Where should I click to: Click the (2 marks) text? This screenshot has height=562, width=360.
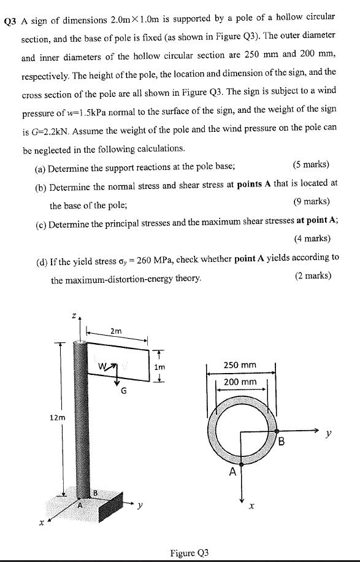[x=313, y=275]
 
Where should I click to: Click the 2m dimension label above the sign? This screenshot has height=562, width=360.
[x=116, y=331]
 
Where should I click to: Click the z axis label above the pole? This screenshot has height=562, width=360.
[x=74, y=317]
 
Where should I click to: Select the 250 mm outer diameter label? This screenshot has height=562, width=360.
[x=240, y=365]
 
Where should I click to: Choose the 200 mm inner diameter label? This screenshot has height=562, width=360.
[x=240, y=382]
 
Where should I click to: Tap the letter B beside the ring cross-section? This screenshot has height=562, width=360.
[x=282, y=441]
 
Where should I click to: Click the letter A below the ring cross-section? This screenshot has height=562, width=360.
[x=232, y=472]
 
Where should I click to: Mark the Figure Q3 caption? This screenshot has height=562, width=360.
[x=190, y=553]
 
